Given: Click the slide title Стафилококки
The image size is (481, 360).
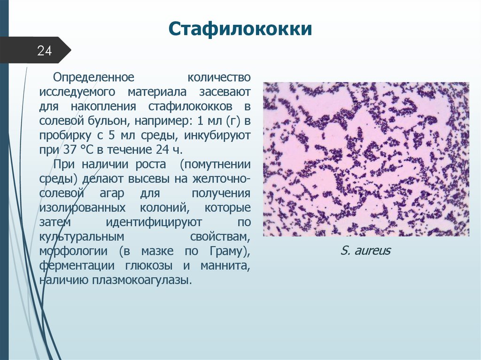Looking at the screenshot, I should (240, 30).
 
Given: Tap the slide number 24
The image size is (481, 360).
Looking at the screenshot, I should (44, 51).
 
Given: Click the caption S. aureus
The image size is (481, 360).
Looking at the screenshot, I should (365, 251).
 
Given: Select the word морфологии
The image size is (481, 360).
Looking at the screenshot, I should (74, 252).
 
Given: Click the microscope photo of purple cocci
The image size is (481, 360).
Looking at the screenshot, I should (365, 159).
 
